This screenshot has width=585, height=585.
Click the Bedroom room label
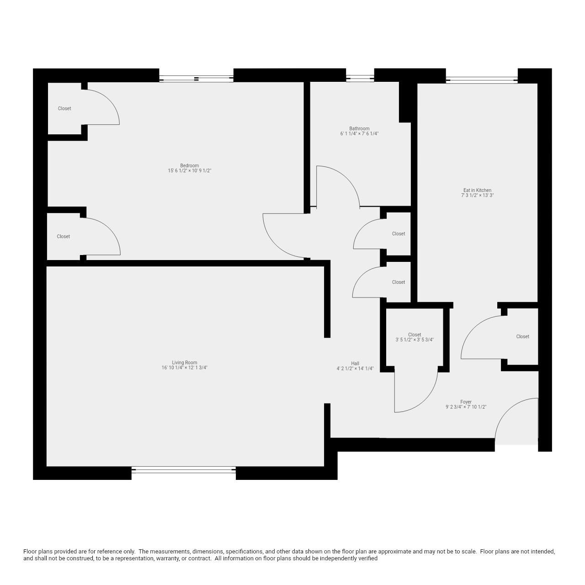click(x=189, y=165)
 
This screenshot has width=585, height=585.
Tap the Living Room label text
click(x=185, y=362)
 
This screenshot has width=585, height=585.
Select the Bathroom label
click(x=359, y=128)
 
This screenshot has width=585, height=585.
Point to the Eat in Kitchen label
click(x=477, y=190)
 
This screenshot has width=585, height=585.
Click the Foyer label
click(x=466, y=402)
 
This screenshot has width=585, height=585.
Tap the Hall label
click(x=355, y=363)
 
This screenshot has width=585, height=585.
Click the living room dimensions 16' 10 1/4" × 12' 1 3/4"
click(x=185, y=368)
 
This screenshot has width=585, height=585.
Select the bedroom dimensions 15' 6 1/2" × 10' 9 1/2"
click(x=189, y=171)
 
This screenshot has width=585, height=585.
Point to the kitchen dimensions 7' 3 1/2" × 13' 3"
click(x=477, y=196)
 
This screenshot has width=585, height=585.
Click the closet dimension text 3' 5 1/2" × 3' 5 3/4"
click(x=415, y=340)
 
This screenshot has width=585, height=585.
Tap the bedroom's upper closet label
click(x=64, y=108)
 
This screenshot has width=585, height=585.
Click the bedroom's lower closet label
click(x=64, y=236)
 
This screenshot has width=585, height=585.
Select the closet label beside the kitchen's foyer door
click(x=522, y=336)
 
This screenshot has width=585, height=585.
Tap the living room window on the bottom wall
click(x=183, y=469)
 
